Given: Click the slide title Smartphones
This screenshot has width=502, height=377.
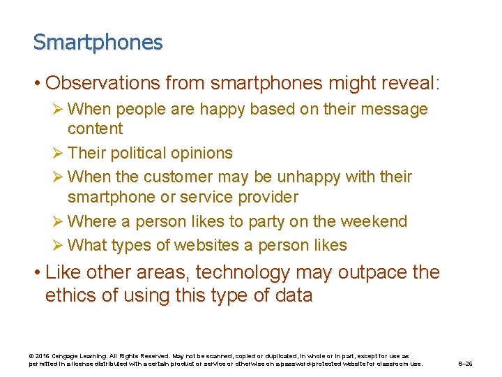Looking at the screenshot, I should pyautogui.click(x=98, y=43).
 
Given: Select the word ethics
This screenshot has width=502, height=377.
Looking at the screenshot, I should pyautogui.click(x=72, y=295).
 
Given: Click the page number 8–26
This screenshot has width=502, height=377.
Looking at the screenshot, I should pyautogui.click(x=465, y=364).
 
